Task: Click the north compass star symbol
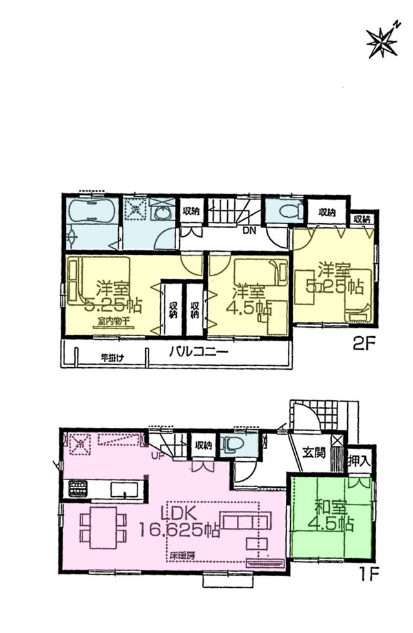point(382,41)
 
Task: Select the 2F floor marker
point(364,344)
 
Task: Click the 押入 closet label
point(359,461)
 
